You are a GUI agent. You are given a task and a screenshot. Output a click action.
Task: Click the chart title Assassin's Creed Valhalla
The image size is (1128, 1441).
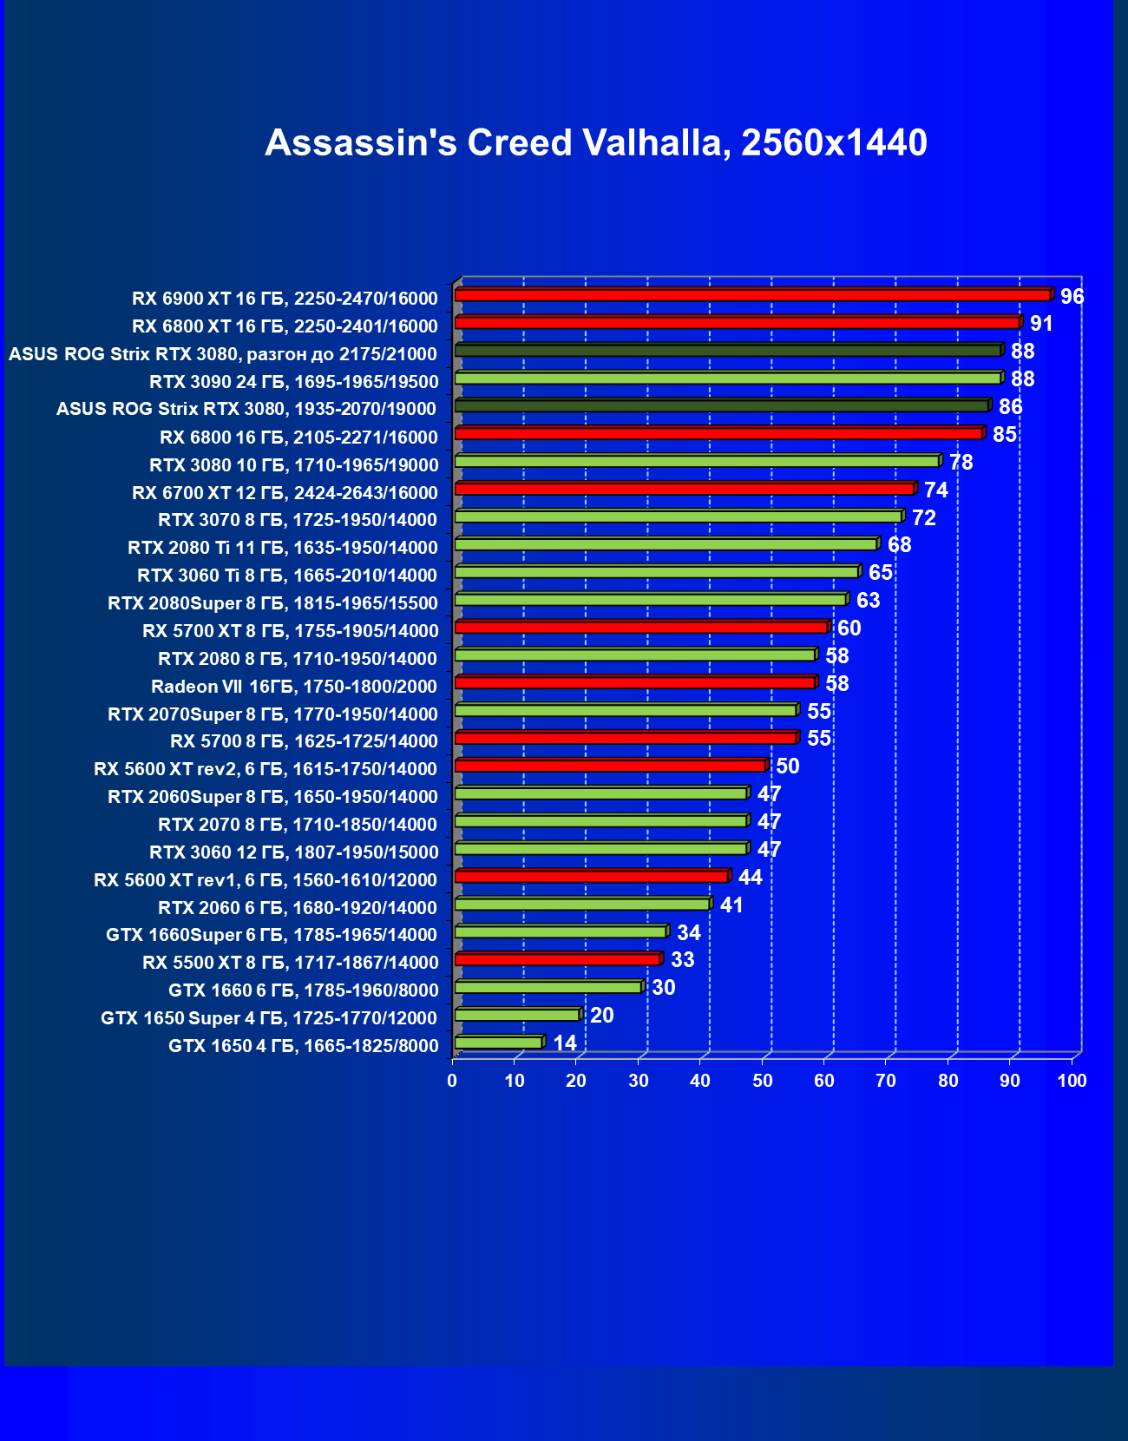click(595, 143)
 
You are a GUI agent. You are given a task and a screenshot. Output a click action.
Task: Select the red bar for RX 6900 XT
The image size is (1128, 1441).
click(752, 295)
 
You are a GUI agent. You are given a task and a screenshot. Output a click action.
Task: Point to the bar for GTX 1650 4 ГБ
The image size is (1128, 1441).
click(498, 1043)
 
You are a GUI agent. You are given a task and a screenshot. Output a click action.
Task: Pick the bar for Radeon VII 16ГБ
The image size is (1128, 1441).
click(634, 683)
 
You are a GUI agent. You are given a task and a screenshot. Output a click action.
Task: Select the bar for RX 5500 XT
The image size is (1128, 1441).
click(557, 959)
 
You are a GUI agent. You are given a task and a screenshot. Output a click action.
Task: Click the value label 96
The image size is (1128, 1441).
click(1072, 297)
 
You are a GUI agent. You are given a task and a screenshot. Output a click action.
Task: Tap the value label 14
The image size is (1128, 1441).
click(565, 1043)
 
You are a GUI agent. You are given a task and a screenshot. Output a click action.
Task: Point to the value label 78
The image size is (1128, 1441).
click(961, 463)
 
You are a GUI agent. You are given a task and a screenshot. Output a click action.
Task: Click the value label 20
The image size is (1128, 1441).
click(601, 1016)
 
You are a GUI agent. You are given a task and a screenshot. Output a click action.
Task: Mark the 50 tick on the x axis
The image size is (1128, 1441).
click(762, 1081)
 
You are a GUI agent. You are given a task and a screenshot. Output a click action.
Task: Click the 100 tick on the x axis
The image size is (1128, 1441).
click(1072, 1081)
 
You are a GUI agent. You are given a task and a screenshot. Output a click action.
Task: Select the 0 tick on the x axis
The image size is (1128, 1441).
click(452, 1081)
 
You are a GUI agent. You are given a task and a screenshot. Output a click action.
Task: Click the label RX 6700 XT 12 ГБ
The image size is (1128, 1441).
click(285, 493)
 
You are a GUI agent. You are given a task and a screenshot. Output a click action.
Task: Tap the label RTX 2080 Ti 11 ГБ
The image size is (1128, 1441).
click(282, 548)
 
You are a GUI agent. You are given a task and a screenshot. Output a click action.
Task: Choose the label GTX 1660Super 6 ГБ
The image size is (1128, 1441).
click(271, 935)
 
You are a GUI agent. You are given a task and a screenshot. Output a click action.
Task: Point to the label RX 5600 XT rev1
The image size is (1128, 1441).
click(265, 880)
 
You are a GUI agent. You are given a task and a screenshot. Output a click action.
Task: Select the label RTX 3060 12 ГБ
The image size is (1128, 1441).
click(293, 852)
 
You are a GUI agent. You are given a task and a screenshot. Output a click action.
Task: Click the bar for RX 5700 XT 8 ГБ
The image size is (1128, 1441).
click(641, 628)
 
